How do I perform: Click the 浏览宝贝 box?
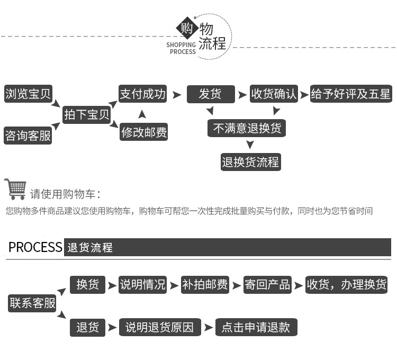pyautogui.click(x=28, y=94)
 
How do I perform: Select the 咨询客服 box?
pyautogui.click(x=28, y=136)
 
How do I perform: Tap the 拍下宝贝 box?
pyautogui.click(x=87, y=114)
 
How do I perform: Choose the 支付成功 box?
pyautogui.click(x=142, y=94)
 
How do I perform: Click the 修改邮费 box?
pyautogui.click(x=144, y=132)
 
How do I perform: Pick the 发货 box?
pyautogui.click(x=210, y=94)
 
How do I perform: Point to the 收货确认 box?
pyautogui.click(x=274, y=94)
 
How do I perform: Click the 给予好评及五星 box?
pyautogui.click(x=351, y=94)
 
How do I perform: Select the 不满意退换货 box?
pyautogui.click(x=247, y=128)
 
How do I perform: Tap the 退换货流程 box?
pyautogui.click(x=250, y=162)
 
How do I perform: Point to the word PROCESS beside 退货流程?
pyautogui.click(x=35, y=247)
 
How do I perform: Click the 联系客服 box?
pyautogui.click(x=32, y=303)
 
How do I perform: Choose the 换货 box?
pyautogui.click(x=87, y=284)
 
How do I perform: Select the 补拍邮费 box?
pyautogui.click(x=205, y=284)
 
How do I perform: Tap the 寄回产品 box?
pyautogui.click(x=267, y=284)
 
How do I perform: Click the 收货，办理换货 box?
pyautogui.click(x=347, y=284)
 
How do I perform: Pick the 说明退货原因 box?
pyautogui.click(x=160, y=327)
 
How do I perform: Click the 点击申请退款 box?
pyautogui.click(x=256, y=327)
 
